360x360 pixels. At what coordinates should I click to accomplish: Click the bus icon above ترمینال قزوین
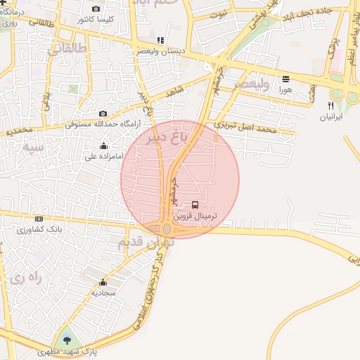coord(195,205)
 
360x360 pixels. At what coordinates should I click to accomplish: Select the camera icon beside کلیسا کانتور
coord(96,9)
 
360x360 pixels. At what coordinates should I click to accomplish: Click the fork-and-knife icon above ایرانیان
coord(330,105)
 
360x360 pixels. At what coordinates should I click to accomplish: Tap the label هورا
coord(285,89)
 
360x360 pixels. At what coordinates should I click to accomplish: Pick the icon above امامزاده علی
coord(104,146)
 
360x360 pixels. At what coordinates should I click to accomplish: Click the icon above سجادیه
coord(104,281)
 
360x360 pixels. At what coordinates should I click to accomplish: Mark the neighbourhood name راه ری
coord(26,278)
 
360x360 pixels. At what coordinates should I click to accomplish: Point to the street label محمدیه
coord(19,131)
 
